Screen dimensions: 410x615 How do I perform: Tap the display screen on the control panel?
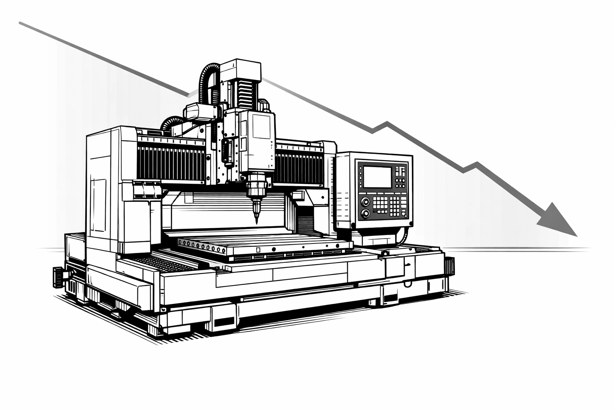tap(377, 177)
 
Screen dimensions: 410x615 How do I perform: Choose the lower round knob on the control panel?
tap(365, 213)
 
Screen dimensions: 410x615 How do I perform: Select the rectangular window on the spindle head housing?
tap(261, 126)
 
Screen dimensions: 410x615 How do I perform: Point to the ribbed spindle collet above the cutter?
tap(256, 187)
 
